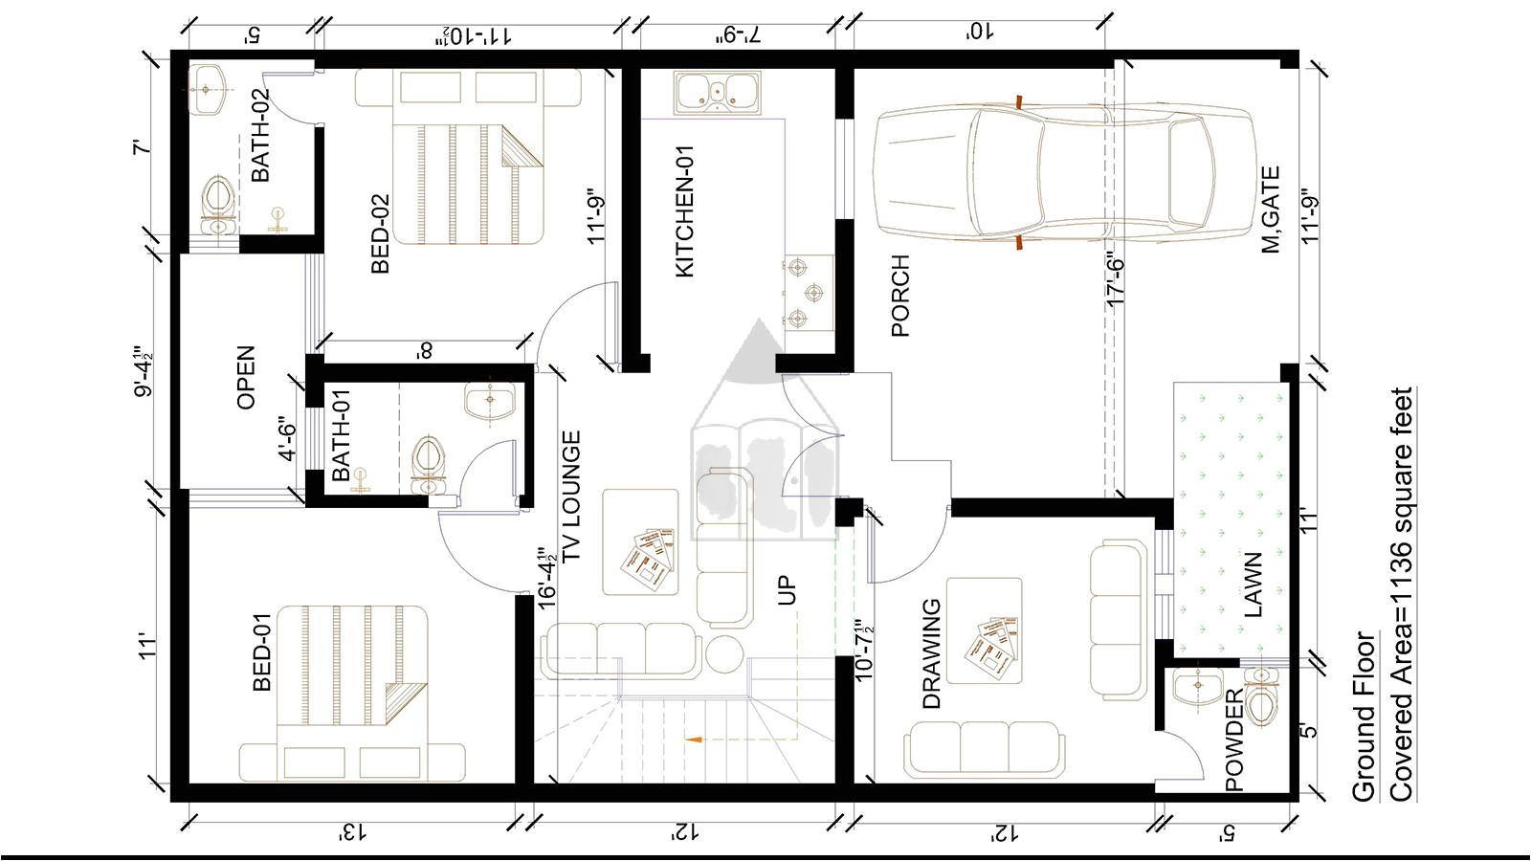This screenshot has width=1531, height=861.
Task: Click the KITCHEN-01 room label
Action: pyautogui.click(x=685, y=211)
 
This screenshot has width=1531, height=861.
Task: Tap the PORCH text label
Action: pyautogui.click(x=899, y=296)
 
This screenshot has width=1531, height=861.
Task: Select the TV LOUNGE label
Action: pyautogui.click(x=571, y=497)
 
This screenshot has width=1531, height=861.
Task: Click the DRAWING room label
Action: pyautogui.click(x=931, y=653)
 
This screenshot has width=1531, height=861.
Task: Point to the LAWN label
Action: pyautogui.click(x=1254, y=585)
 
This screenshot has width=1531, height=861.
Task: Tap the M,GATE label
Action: pyautogui.click(x=1271, y=210)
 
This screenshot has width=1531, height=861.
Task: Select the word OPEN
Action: pyautogui.click(x=246, y=378)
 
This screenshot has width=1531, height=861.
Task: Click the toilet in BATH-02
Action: pyautogui.click(x=218, y=204)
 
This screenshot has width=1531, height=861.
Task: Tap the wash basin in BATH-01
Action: pyautogui.click(x=489, y=401)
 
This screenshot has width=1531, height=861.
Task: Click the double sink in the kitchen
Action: pyautogui.click(x=716, y=94)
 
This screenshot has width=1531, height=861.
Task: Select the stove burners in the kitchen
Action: pyautogui.click(x=807, y=292)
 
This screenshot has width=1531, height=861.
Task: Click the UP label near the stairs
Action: pyautogui.click(x=787, y=589)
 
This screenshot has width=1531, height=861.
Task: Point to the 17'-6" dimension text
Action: pyautogui.click(x=1116, y=278)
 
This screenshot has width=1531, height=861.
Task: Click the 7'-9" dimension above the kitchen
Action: pyautogui.click(x=738, y=35)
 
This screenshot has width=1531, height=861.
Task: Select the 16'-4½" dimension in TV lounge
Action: pyautogui.click(x=546, y=578)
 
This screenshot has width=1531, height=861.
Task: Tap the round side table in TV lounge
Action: pyautogui.click(x=724, y=655)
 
